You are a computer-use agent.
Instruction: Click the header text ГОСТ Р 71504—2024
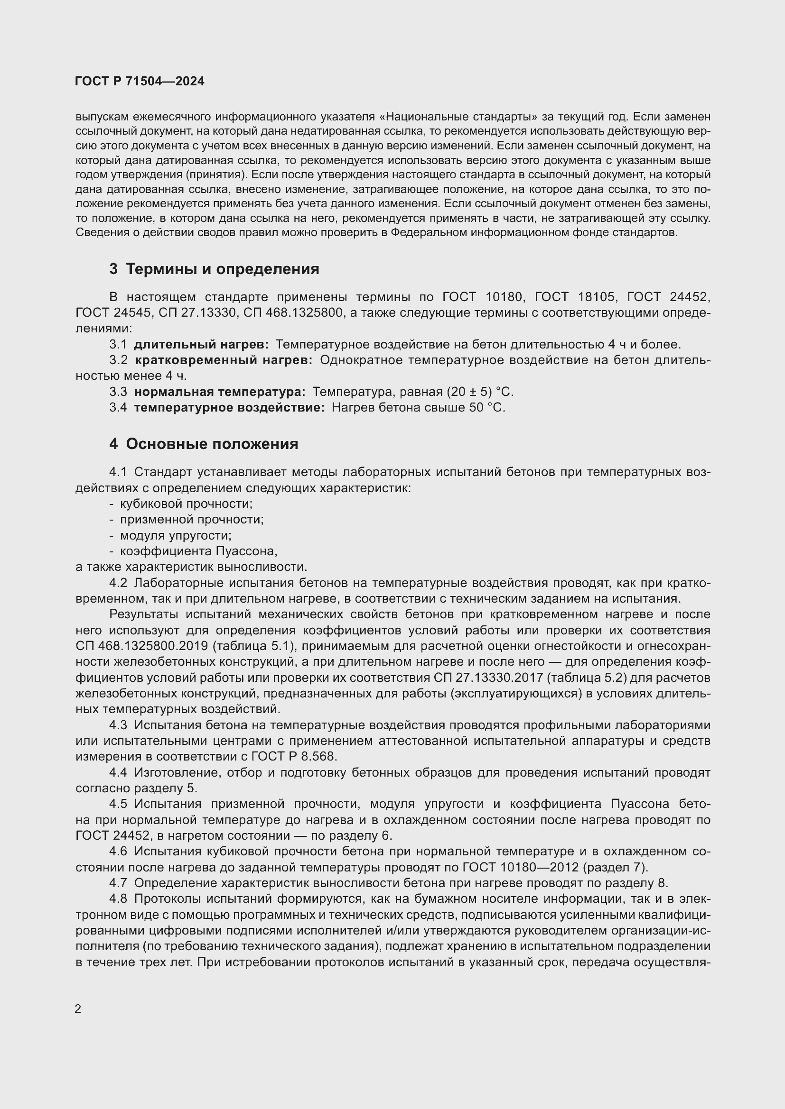coord(140,81)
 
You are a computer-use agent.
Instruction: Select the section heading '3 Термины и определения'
coord(214,269)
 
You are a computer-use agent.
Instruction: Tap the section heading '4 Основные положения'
coord(204,444)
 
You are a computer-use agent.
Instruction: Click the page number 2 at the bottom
coord(78,1009)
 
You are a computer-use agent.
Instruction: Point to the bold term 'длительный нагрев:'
coord(201,344)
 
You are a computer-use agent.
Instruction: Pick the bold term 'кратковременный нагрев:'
coord(224,360)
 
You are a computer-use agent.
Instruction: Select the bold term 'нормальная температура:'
coord(219,392)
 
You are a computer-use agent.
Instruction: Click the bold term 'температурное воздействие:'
coord(229,408)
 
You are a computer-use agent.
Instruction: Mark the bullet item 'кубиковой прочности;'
coord(186,504)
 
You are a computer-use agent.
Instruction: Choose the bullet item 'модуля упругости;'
coord(176,536)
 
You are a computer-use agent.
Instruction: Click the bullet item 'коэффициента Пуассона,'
coord(198,551)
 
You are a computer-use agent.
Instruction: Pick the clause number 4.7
coord(118,883)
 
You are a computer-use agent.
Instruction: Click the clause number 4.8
coord(118,899)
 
